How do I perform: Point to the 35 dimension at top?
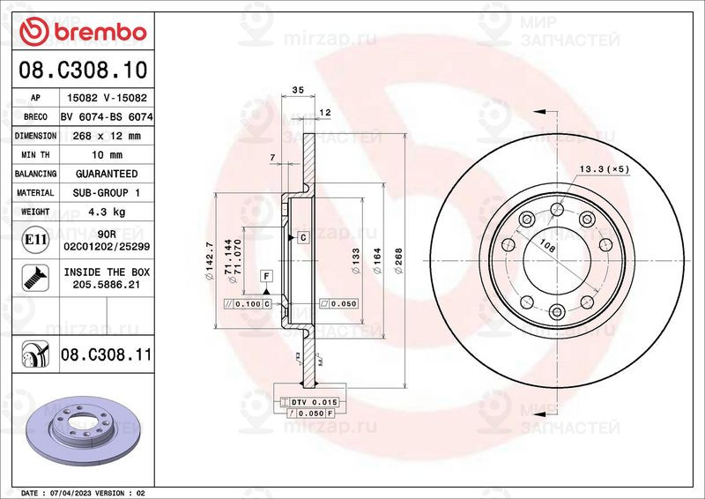tap(297, 91)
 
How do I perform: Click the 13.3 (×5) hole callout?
tap(604, 168)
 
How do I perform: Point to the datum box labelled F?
tap(263, 277)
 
